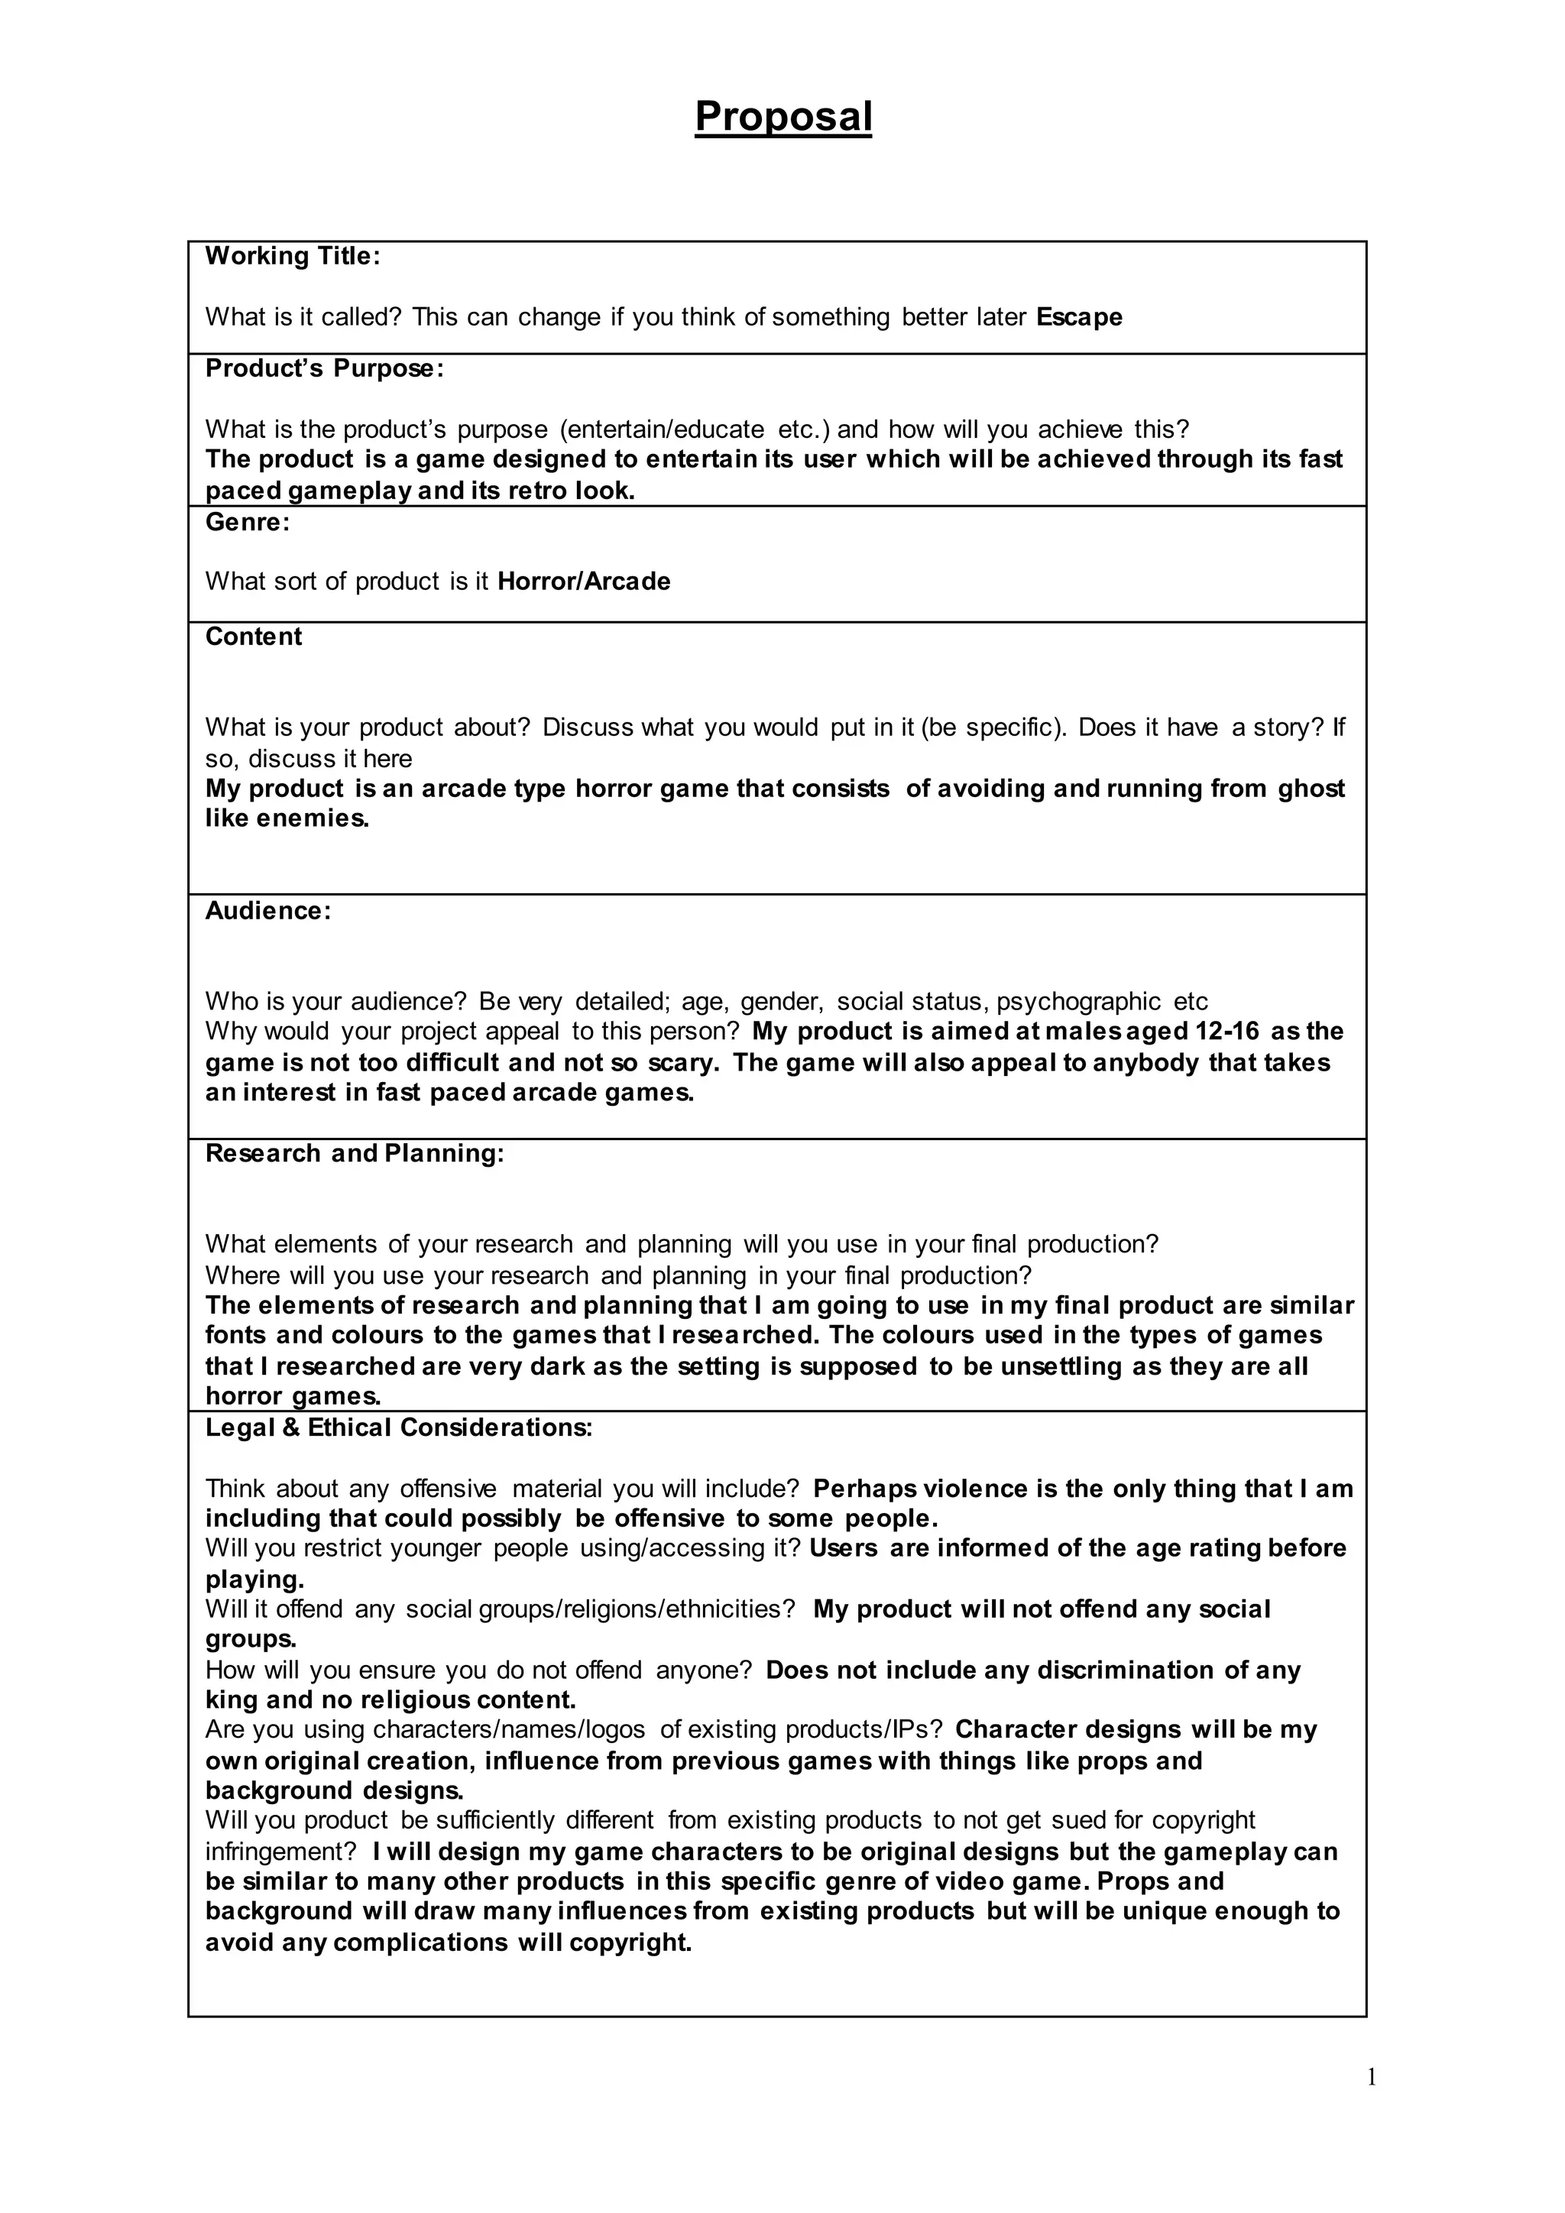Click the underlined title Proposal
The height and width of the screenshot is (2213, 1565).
click(x=782, y=118)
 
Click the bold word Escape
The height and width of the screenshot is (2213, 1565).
click(x=1079, y=317)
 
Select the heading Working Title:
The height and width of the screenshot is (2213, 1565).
click(x=293, y=257)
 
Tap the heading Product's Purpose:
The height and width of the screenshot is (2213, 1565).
click(x=325, y=369)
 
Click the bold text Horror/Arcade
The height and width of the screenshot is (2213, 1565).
click(x=584, y=582)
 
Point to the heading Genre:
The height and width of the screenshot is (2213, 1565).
click(x=248, y=523)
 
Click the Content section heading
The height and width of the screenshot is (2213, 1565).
click(x=254, y=637)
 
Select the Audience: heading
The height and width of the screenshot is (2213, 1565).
click(x=268, y=911)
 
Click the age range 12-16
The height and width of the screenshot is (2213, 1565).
click(x=1226, y=1032)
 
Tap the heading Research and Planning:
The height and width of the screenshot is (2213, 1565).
click(x=355, y=1154)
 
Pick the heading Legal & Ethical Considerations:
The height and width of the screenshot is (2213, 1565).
click(x=399, y=1427)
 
